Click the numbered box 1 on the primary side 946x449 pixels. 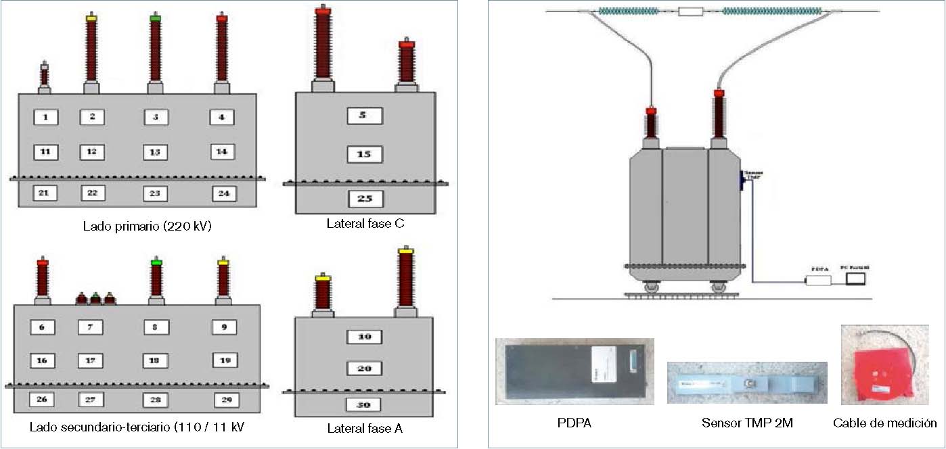45,117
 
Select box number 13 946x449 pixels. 155,152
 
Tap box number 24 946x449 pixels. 224,193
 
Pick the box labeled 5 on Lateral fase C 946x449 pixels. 364,116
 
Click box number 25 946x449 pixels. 365,199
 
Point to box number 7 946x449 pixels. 90,327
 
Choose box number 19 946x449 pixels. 225,360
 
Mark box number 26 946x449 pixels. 41,400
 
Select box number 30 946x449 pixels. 364,405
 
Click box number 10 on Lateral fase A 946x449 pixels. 364,337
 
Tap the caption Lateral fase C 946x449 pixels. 366,223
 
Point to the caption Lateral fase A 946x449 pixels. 365,428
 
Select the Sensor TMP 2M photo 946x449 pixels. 746,384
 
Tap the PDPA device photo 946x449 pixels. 575,371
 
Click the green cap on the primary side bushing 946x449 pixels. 155,18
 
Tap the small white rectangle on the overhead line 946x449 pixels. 690,11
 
